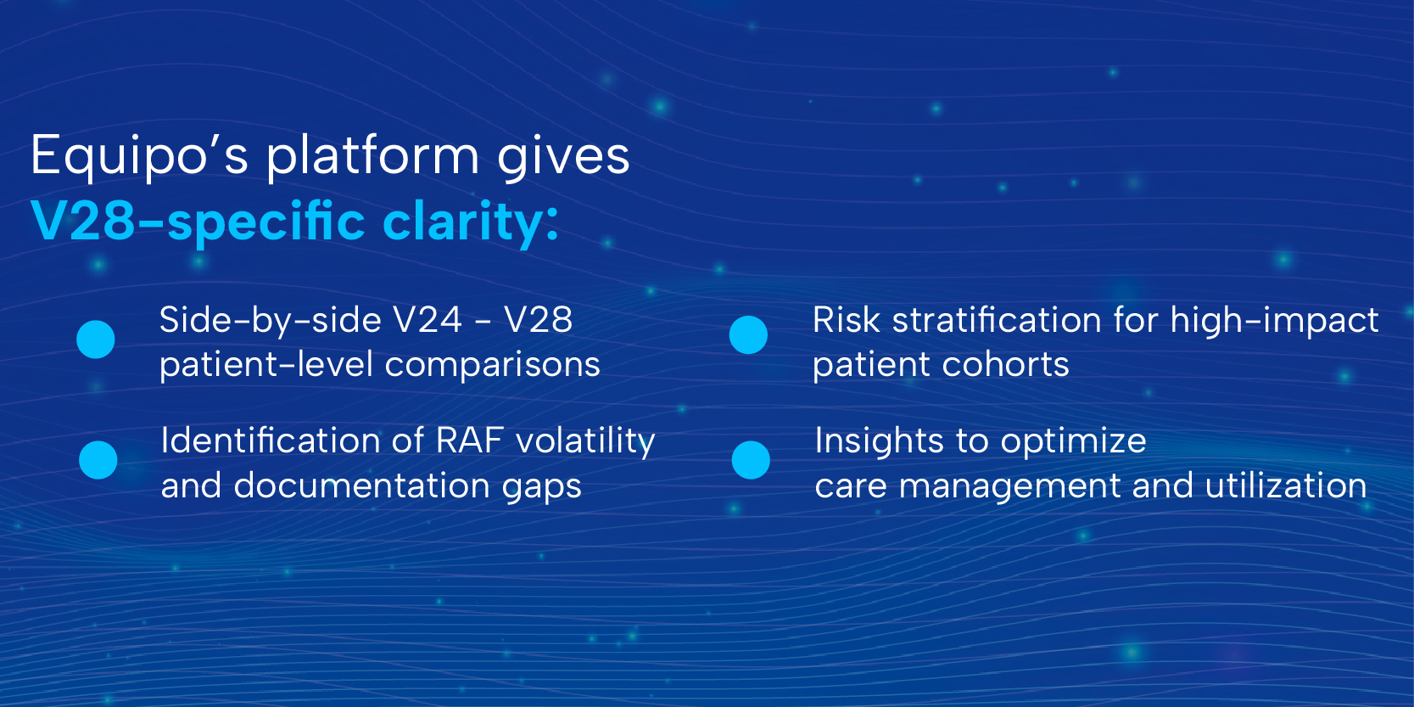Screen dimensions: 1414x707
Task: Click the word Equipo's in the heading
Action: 139,156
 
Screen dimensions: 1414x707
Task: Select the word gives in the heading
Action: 564,158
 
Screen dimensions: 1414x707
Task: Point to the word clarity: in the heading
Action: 471,224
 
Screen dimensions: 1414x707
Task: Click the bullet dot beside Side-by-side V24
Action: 95,339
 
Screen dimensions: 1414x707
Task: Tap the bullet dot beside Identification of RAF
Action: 98,460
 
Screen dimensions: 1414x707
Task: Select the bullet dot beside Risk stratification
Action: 748,335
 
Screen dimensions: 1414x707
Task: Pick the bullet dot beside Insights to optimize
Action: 751,460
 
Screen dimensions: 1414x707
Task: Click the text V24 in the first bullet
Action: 428,320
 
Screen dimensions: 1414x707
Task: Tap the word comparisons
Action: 492,366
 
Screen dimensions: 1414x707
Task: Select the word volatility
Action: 586,441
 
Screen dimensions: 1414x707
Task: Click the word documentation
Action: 361,485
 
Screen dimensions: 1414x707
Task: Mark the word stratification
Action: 997,320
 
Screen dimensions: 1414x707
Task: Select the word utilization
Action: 1286,485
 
